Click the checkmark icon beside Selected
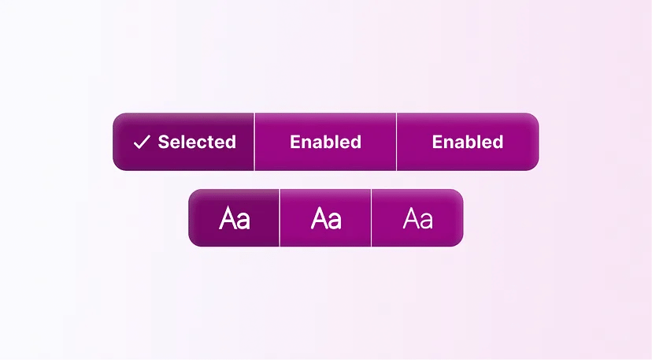coord(142,142)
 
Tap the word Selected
coord(197,142)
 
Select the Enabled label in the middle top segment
coord(325,142)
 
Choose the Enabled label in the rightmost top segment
coord(468,142)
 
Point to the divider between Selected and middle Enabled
coord(254,142)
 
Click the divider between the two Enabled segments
coord(396,142)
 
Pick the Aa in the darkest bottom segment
coord(235,218)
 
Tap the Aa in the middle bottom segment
coord(326,218)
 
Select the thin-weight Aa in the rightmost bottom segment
coord(417,218)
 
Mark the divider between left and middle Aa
coord(280,218)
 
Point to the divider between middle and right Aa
coord(371,218)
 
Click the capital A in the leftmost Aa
coord(228,218)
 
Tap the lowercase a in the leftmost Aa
coord(243,221)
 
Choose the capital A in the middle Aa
coord(319,218)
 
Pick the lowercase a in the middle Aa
coord(335,221)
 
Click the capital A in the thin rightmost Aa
coord(410,218)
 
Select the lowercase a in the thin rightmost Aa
coord(426,221)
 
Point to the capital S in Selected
coord(164,142)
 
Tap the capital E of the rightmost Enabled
coord(438,142)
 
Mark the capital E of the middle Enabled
coord(295,142)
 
